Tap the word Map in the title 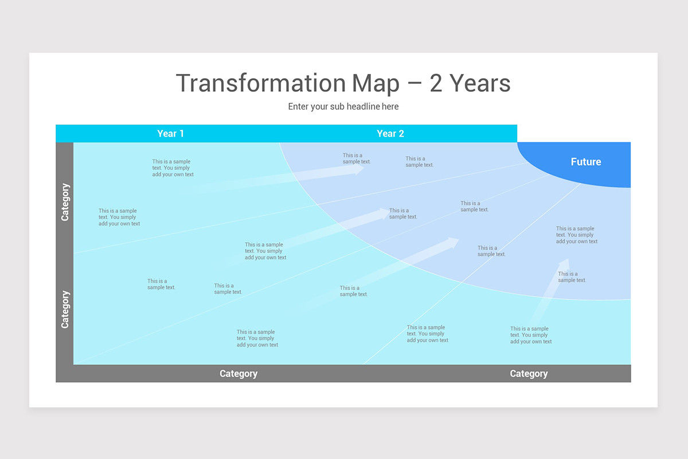pyautogui.click(x=376, y=83)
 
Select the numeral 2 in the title pyautogui.click(x=436, y=83)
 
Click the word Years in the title pyautogui.click(x=480, y=83)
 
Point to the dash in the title pyautogui.click(x=414, y=84)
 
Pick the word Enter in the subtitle pyautogui.click(x=298, y=107)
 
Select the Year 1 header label pyautogui.click(x=170, y=134)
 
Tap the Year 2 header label pyautogui.click(x=390, y=134)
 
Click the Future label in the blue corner pyautogui.click(x=585, y=162)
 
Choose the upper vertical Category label pyautogui.click(x=65, y=202)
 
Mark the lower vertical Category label pyautogui.click(x=65, y=309)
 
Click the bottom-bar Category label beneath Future pyautogui.click(x=529, y=374)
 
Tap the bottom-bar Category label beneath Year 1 pyautogui.click(x=239, y=374)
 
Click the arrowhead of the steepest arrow pyautogui.click(x=565, y=263)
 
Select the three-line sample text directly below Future pyautogui.click(x=576, y=235)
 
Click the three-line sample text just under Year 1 pyautogui.click(x=173, y=168)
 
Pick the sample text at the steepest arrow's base pyautogui.click(x=531, y=335)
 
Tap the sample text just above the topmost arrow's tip pyautogui.click(x=357, y=158)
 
